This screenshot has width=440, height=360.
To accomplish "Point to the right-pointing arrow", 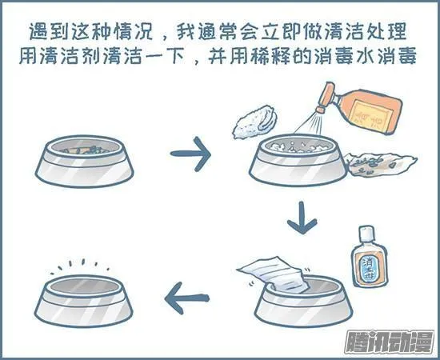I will click(190, 152).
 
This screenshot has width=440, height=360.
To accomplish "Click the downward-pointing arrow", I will click(302, 218).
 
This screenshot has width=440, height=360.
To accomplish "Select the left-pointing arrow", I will click(193, 299).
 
